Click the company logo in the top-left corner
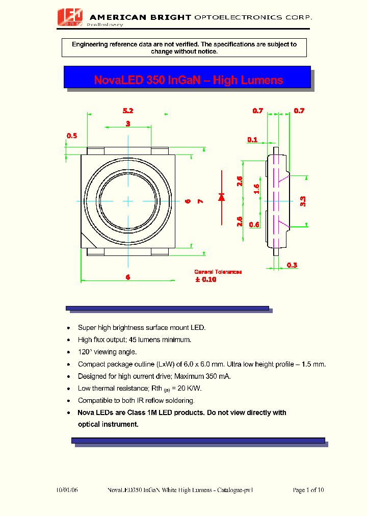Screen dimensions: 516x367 [70, 18]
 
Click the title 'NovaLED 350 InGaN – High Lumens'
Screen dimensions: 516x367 [188, 80]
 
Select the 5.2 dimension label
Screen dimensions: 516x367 [128, 111]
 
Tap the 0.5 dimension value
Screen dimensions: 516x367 [72, 136]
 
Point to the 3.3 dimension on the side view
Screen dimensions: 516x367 [303, 201]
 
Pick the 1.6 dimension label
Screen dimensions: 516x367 [257, 189]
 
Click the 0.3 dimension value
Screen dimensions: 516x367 [292, 265]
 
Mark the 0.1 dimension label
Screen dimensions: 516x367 [252, 140]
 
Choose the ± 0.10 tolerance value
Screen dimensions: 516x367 [205, 279]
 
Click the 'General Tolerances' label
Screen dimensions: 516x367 [218, 272]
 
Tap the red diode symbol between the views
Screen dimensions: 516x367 [221, 197]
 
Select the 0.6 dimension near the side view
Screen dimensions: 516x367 [254, 225]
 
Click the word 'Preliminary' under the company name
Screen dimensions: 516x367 [106, 24]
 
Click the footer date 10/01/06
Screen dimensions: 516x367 [67, 490]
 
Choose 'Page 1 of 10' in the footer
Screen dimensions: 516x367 [308, 490]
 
